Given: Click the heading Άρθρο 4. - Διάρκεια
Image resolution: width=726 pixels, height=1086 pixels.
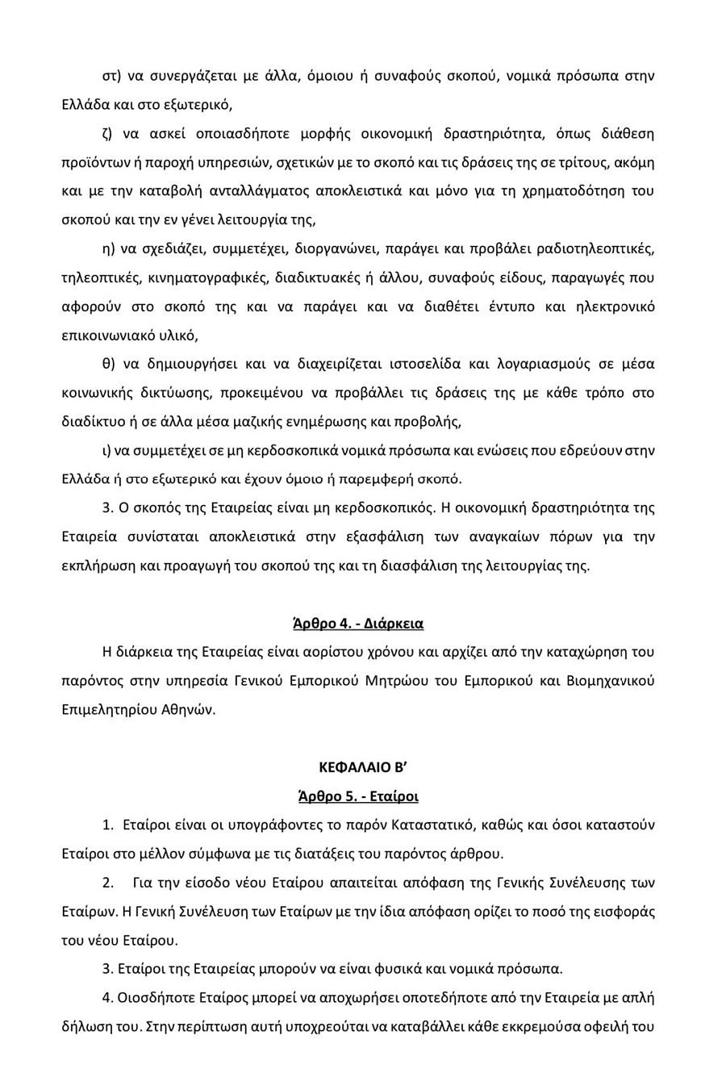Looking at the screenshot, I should (358, 624).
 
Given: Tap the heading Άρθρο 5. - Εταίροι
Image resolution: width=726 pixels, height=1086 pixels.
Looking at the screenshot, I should (358, 796).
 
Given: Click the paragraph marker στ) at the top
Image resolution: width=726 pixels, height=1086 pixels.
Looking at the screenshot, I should (111, 76).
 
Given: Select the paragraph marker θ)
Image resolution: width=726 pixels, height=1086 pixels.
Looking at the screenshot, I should (109, 364).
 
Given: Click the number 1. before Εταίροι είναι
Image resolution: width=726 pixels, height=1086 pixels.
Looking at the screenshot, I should (108, 825).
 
